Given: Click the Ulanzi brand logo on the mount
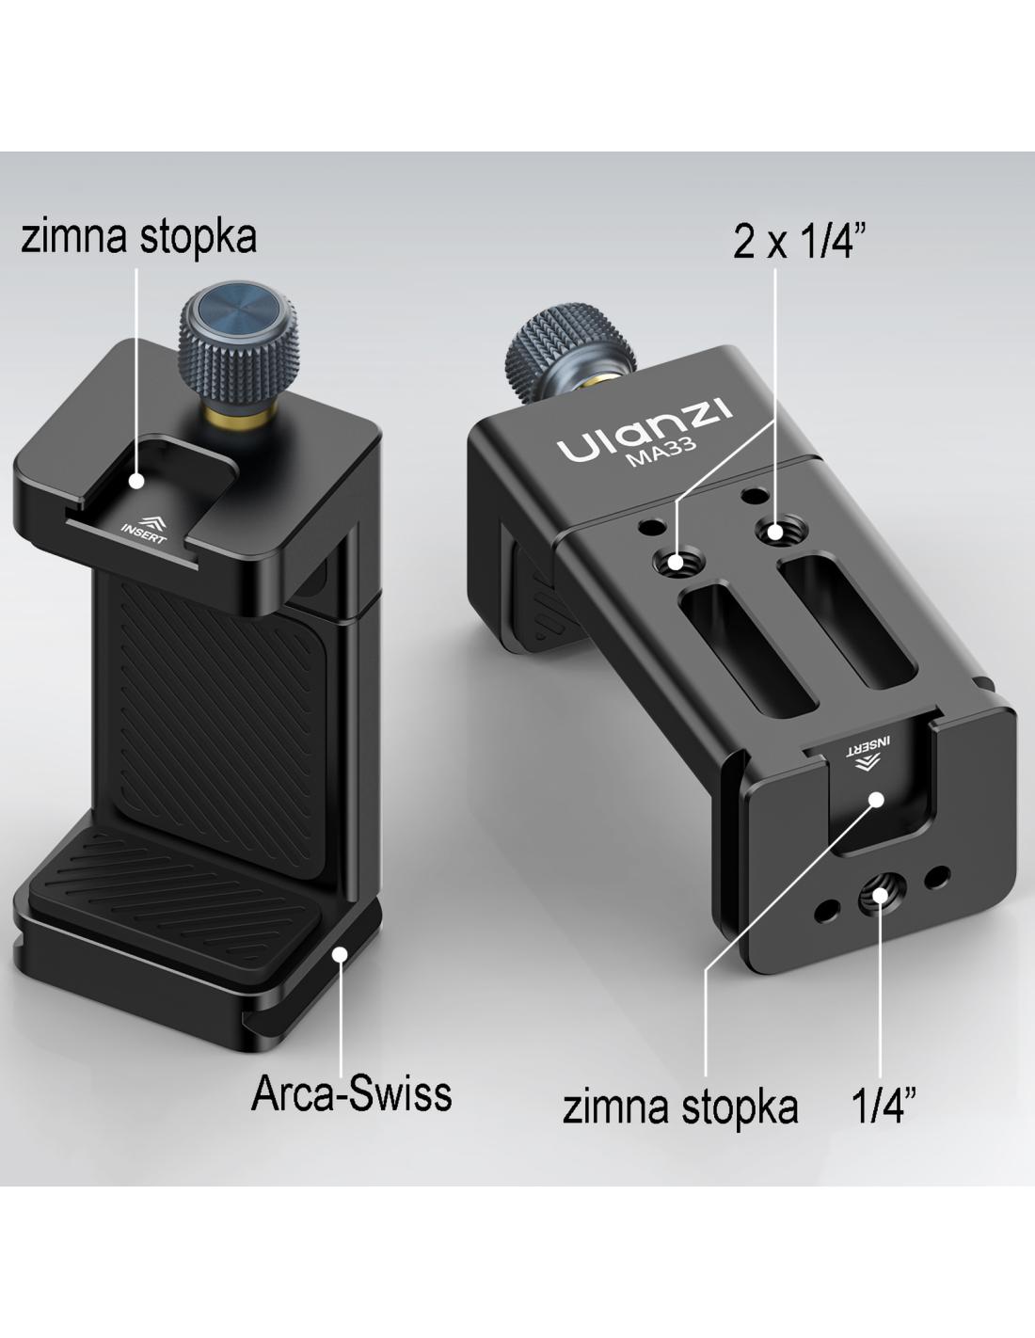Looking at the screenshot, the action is pyautogui.click(x=645, y=430).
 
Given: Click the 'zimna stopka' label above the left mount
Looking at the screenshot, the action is pyautogui.click(x=138, y=237).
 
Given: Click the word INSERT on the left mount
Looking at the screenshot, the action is pyautogui.click(x=143, y=534).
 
